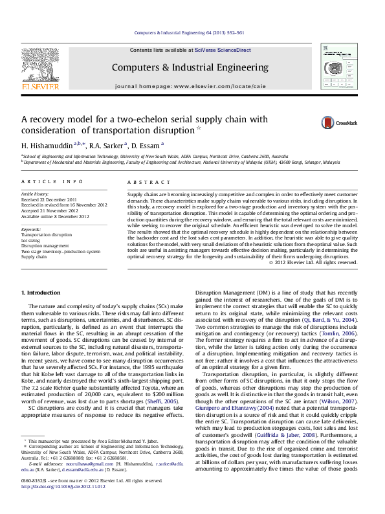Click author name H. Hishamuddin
click(47, 145)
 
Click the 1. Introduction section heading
click(43, 294)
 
